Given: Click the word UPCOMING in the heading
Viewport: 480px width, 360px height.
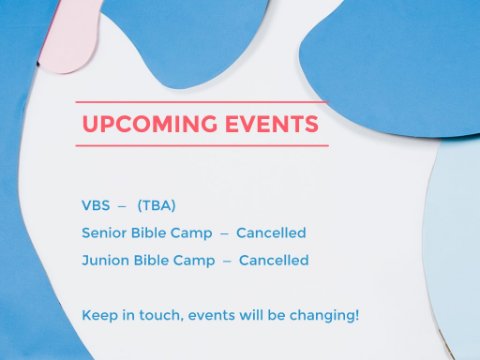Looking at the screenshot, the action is tap(149, 124).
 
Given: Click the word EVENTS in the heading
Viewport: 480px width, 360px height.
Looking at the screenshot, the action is tap(272, 124).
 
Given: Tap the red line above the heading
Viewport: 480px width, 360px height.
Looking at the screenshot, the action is tap(202, 102).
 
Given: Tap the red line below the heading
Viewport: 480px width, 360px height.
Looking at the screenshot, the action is tap(202, 146).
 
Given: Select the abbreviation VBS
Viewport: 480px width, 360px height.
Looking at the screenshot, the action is tap(96, 205).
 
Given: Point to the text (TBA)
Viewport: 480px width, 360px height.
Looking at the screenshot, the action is tap(157, 206).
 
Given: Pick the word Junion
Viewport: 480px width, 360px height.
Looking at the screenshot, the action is tap(105, 260).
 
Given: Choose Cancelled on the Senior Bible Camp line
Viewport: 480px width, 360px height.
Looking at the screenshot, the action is tap(271, 233).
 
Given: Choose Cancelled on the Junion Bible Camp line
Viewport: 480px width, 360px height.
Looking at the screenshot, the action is tap(274, 260).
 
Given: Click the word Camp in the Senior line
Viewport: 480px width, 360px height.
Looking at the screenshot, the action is tap(191, 234).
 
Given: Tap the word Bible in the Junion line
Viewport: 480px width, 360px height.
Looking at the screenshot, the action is tap(151, 260).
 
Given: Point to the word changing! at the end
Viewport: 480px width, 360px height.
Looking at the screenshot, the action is tap(324, 316).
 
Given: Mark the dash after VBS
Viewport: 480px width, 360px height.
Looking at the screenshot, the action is tap(122, 207).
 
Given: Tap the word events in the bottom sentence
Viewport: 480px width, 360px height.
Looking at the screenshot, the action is tap(211, 316).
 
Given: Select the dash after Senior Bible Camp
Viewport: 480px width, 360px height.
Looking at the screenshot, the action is tap(224, 234).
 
